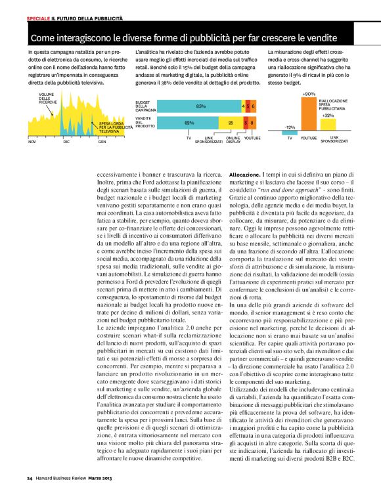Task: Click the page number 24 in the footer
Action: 30,477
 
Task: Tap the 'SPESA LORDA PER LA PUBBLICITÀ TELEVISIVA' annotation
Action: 112,127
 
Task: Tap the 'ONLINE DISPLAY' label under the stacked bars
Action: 233,140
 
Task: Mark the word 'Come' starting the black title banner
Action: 43,39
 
